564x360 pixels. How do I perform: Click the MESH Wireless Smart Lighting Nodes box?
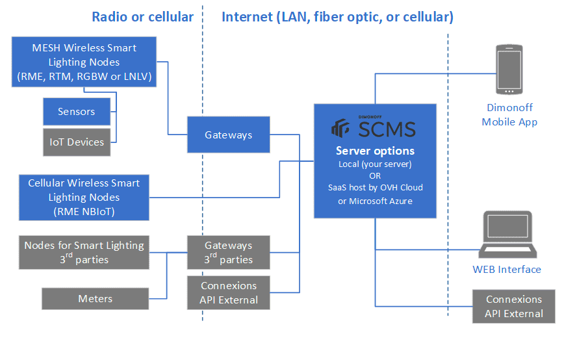[x=84, y=62]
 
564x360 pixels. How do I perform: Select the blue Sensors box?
[x=77, y=112]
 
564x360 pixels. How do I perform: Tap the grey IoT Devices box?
[x=77, y=142]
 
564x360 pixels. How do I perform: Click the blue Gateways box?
[x=228, y=135]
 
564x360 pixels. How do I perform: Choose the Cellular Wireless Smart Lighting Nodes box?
[x=84, y=197]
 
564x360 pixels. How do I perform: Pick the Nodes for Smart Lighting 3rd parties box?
[x=84, y=252]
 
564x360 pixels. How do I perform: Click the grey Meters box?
[x=96, y=299]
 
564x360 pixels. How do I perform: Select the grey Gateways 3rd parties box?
[x=228, y=253]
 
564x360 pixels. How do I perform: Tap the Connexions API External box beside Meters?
[x=228, y=292]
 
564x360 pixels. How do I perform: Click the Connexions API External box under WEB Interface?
[x=514, y=306]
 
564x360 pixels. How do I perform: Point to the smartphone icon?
[x=509, y=70]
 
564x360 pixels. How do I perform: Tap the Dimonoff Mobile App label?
[x=509, y=115]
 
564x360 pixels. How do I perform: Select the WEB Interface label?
[x=507, y=269]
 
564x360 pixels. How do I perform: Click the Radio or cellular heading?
[x=143, y=17]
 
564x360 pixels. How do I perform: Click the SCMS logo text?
[x=387, y=129]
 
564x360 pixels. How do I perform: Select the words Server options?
[x=376, y=151]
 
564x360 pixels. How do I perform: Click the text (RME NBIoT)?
[x=84, y=211]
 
